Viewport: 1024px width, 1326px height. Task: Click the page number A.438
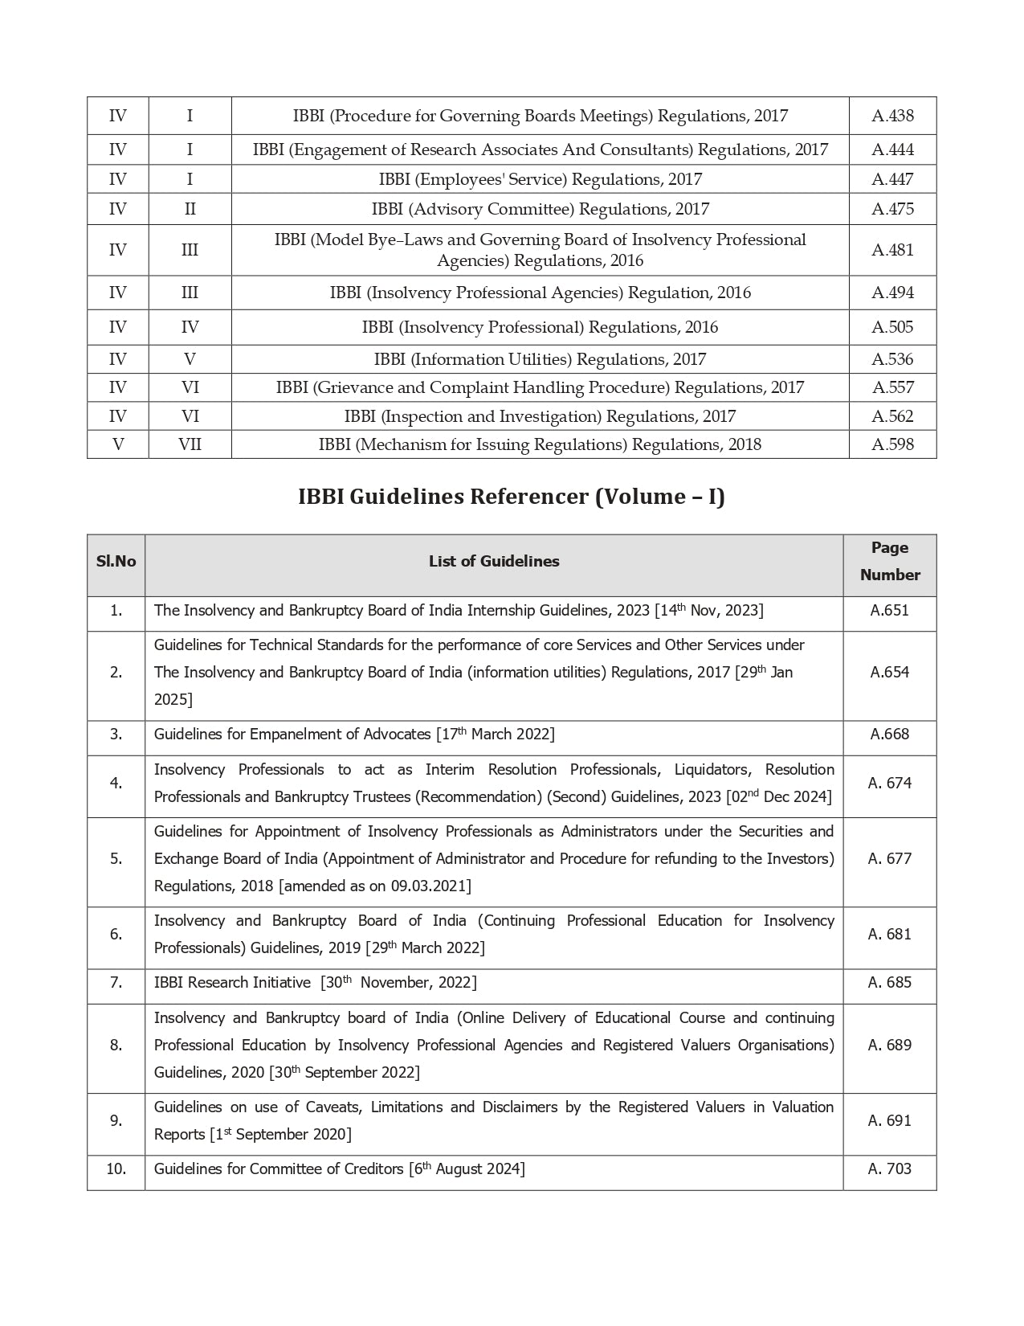pyautogui.click(x=892, y=116)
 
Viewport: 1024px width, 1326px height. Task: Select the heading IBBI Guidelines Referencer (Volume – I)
pyautogui.click(x=512, y=497)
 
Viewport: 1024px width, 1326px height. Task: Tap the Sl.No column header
pyautogui.click(x=116, y=562)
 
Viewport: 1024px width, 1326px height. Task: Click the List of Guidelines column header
pyautogui.click(x=494, y=562)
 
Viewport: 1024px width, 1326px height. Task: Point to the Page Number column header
pyautogui.click(x=890, y=561)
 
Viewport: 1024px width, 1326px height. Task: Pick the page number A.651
pyautogui.click(x=890, y=611)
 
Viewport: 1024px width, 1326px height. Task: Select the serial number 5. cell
pyautogui.click(x=116, y=859)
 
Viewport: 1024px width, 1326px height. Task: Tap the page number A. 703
pyautogui.click(x=890, y=1169)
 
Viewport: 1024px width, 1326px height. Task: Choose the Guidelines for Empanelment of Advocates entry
pyautogui.click(x=354, y=735)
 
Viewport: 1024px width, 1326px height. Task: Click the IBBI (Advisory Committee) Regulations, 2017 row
pyautogui.click(x=540, y=210)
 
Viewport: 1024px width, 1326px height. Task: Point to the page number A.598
pyautogui.click(x=892, y=444)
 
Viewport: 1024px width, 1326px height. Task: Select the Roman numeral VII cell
pyautogui.click(x=190, y=444)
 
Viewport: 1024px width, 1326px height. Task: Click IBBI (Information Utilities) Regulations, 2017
pyautogui.click(x=540, y=359)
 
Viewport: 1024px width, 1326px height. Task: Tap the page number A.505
pyautogui.click(x=892, y=328)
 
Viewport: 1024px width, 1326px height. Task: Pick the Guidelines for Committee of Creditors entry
pyautogui.click(x=339, y=1169)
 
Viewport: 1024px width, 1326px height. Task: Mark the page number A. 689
pyautogui.click(x=890, y=1046)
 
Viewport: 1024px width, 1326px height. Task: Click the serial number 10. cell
pyautogui.click(x=116, y=1169)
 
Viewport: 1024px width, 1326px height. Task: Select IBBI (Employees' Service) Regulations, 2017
pyautogui.click(x=540, y=180)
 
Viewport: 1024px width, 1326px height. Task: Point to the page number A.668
pyautogui.click(x=890, y=735)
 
